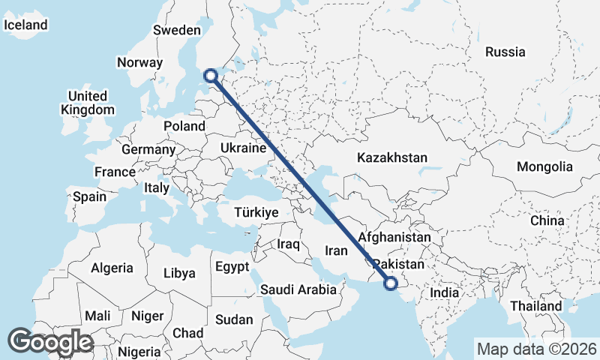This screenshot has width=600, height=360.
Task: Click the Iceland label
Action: pyautogui.click(x=25, y=25)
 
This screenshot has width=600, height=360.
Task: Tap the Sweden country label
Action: pyautogui.click(x=176, y=31)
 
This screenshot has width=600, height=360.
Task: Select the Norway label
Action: pyautogui.click(x=139, y=63)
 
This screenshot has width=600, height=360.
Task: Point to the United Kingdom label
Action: pyautogui.click(x=87, y=103)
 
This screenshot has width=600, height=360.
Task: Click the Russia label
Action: pyautogui.click(x=505, y=52)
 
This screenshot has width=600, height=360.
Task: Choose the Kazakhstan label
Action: pyautogui.click(x=391, y=158)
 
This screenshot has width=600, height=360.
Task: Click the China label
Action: pyautogui.click(x=547, y=220)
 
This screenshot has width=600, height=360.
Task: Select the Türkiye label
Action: pyautogui.click(x=256, y=213)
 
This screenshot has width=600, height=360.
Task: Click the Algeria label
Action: pyautogui.click(x=112, y=268)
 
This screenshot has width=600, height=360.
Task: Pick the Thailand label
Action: pyautogui.click(x=535, y=306)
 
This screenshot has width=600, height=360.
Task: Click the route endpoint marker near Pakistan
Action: pyautogui.click(x=390, y=283)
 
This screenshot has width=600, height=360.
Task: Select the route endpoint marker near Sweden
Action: pyautogui.click(x=211, y=75)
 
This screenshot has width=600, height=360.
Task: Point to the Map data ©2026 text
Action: pyautogui.click(x=536, y=349)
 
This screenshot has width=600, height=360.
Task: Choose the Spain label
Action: pyautogui.click(x=89, y=197)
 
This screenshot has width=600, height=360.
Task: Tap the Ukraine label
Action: pyautogui.click(x=243, y=148)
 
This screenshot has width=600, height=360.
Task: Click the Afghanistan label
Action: pyautogui.click(x=394, y=237)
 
